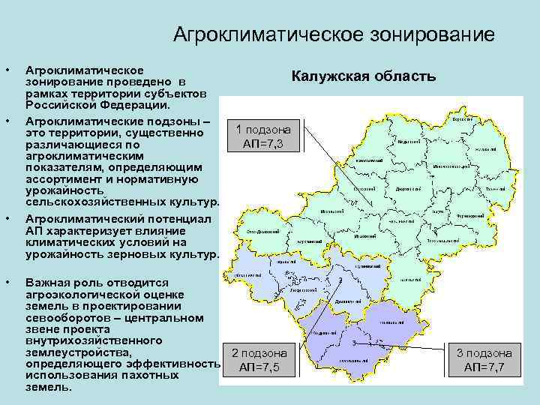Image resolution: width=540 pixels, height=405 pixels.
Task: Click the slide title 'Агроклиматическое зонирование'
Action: point(333,34)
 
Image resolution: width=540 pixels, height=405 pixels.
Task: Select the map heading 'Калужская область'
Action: point(363,77)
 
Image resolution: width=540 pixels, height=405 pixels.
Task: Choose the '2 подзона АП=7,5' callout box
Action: point(259,360)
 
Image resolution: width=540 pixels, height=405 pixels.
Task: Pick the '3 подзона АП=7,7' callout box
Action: point(484,360)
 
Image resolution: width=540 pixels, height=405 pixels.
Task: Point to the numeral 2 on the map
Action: point(340,279)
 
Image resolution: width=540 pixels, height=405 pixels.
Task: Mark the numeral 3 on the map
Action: point(352,341)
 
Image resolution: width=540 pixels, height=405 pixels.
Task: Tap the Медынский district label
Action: point(408,141)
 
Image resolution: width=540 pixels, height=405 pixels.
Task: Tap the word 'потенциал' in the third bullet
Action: point(178,220)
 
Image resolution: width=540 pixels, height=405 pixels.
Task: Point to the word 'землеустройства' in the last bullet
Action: point(79,352)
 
